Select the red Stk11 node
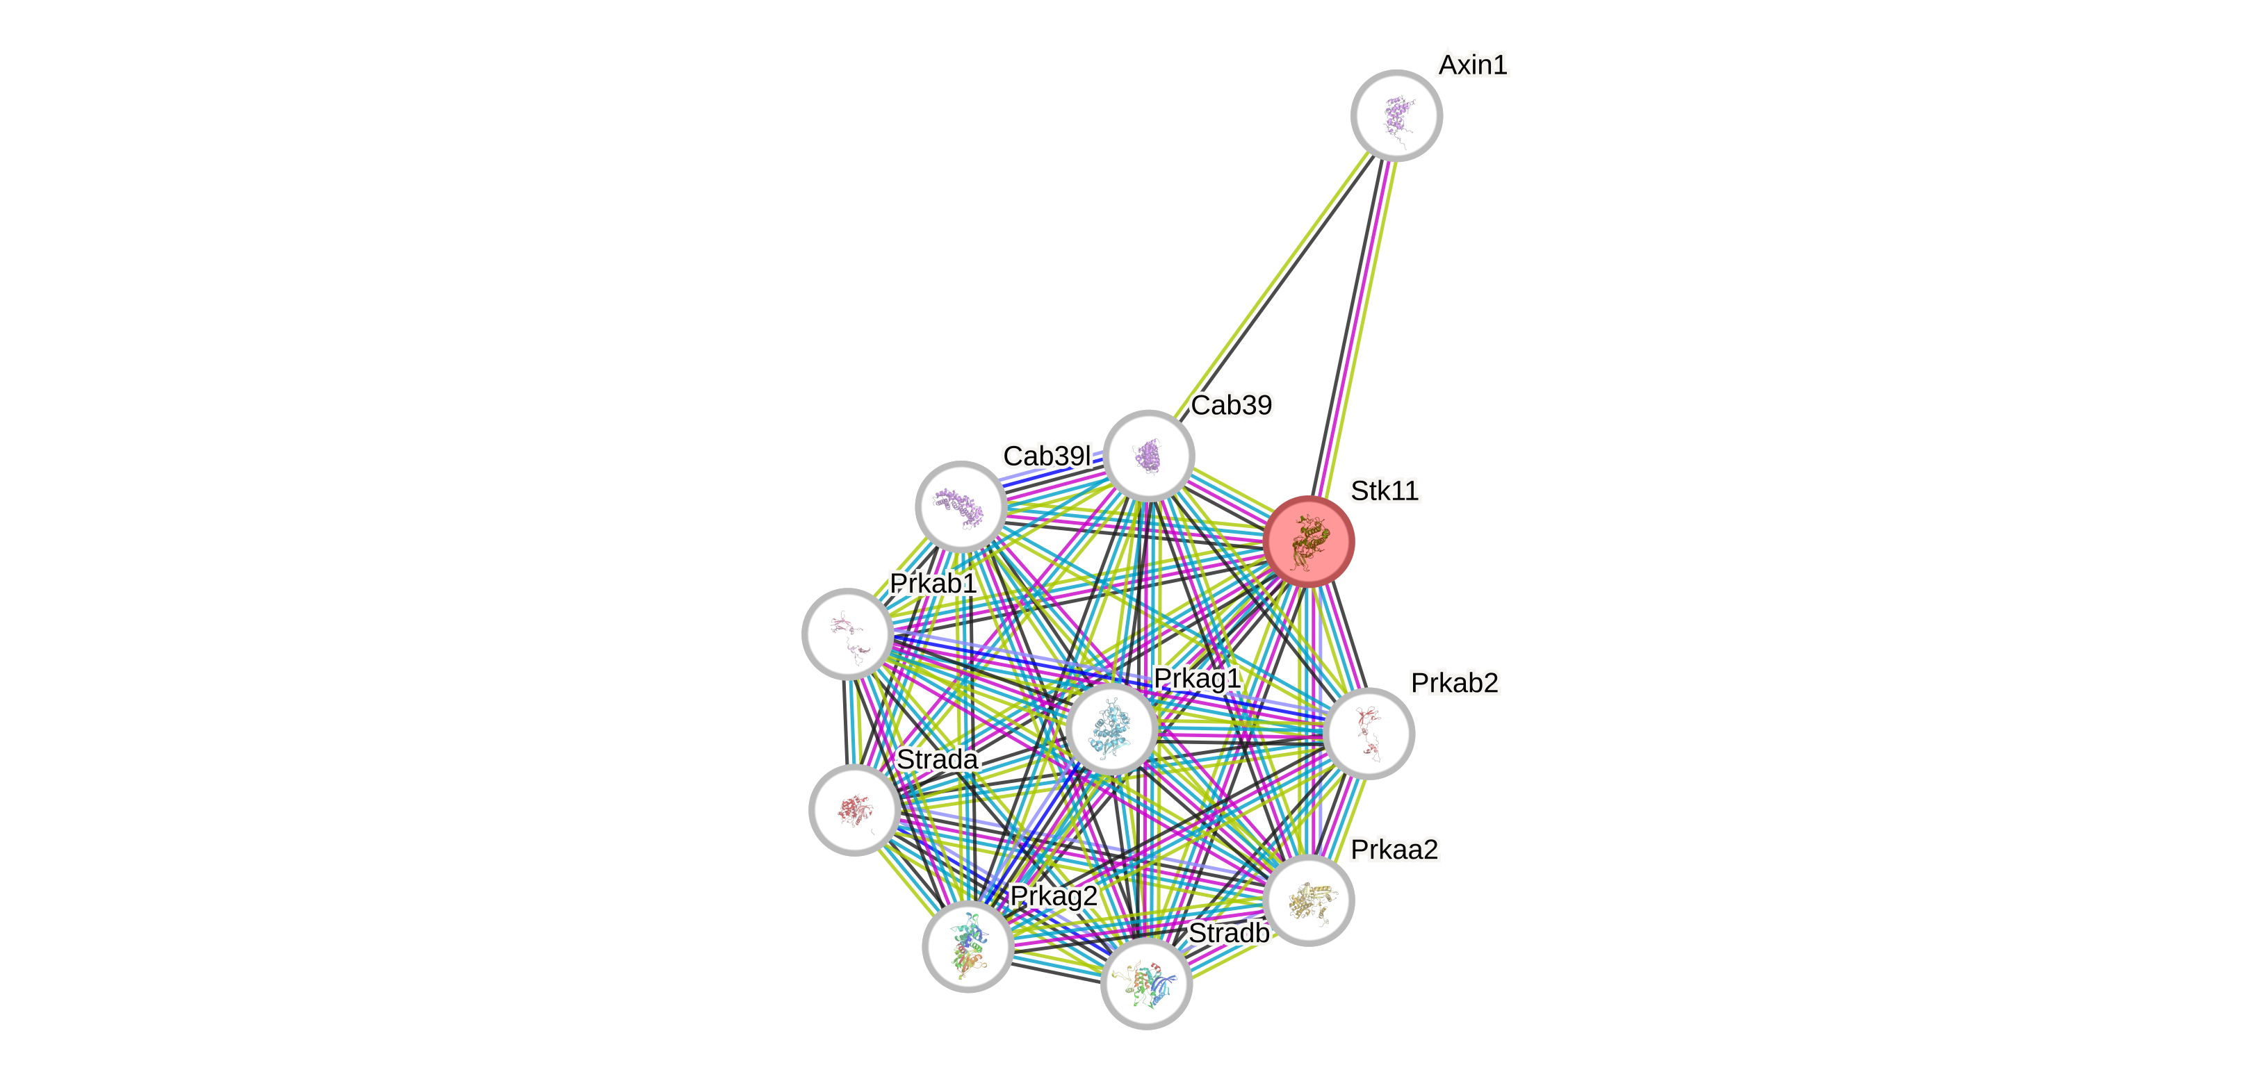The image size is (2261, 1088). tap(1309, 541)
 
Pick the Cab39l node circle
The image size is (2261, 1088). tap(961, 506)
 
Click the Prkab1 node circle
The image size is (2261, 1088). tap(848, 634)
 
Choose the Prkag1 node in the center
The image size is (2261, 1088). tap(1111, 729)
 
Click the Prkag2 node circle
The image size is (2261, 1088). tap(968, 946)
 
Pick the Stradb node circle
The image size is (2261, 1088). tap(1146, 984)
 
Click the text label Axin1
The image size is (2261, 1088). tap(1472, 65)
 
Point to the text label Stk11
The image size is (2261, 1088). tap(1383, 491)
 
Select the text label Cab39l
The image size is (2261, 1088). tap(1046, 456)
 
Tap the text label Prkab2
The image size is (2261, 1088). tap(1453, 683)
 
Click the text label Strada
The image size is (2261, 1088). tap(938, 759)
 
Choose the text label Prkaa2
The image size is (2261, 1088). tap(1394, 849)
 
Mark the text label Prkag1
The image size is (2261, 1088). tap(1196, 678)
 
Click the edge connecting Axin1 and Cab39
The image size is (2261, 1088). tap(1273, 284)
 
